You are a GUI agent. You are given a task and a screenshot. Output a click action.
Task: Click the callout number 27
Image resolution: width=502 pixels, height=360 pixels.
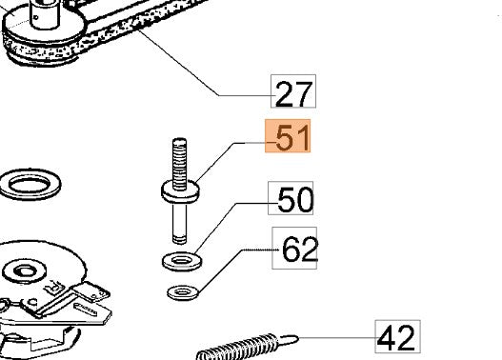[x=293, y=93]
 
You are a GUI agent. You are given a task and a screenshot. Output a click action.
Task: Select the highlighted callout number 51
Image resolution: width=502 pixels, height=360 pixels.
[x=292, y=137]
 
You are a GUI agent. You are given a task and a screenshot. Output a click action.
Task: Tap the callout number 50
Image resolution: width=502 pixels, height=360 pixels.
[x=295, y=200]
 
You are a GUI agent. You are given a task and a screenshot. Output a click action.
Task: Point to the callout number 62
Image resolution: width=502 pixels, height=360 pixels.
[x=300, y=250]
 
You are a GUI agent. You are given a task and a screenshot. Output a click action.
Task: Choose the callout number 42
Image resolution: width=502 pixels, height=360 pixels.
[x=396, y=338]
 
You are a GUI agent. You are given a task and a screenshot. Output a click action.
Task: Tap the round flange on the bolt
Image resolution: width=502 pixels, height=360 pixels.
[x=180, y=191]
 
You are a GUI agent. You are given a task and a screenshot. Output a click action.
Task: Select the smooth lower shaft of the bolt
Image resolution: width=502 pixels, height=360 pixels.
[x=179, y=224]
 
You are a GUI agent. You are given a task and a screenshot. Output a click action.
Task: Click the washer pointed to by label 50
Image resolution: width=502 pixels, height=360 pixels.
[x=182, y=262]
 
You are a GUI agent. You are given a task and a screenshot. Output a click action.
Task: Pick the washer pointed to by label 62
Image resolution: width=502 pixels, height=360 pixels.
[x=183, y=292]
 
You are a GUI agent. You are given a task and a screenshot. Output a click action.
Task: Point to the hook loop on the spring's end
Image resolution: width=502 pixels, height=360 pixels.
[x=288, y=339]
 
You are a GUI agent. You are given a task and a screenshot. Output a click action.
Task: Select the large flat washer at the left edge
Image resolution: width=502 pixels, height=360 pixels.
[x=30, y=185]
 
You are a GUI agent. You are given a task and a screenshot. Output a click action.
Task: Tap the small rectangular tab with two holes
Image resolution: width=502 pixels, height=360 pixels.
[x=91, y=291]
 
